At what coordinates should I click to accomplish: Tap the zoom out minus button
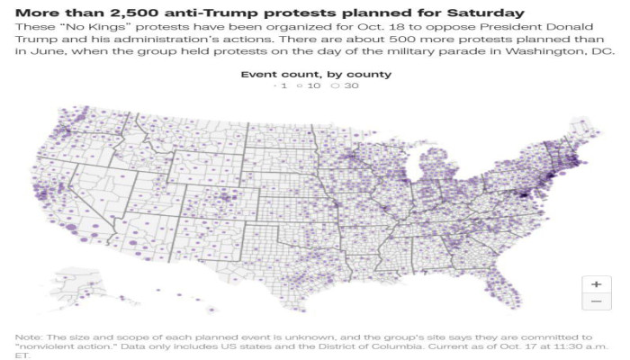click(x=596, y=302)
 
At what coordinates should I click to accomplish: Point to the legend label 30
click(x=349, y=87)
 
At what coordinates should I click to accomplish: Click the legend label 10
click(x=317, y=87)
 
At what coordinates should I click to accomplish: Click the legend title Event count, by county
click(x=315, y=73)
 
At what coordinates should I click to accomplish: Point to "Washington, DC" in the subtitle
click(x=569, y=53)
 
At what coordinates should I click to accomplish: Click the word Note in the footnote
click(x=30, y=336)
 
